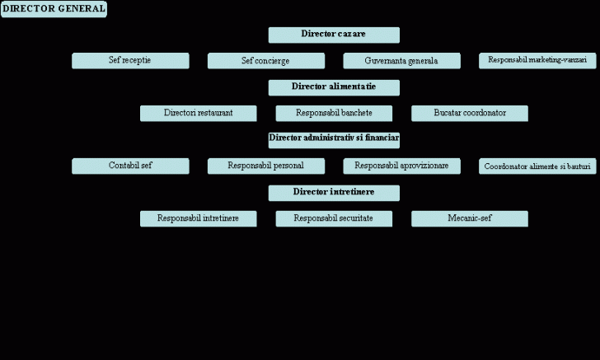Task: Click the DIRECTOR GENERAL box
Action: tap(54, 9)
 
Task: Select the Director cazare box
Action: tap(334, 35)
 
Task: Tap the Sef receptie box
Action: tap(130, 61)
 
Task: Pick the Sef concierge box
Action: tap(265, 61)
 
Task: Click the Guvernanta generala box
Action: tap(401, 61)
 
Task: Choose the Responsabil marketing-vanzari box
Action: tap(537, 61)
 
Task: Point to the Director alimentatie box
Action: tap(334, 87)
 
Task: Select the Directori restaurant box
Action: tap(198, 114)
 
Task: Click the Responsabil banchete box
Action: tap(334, 114)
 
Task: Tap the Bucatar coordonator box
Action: tap(470, 114)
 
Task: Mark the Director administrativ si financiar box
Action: tap(334, 140)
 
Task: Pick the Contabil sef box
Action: tap(130, 166)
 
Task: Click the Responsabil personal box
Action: tap(265, 166)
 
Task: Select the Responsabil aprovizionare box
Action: tap(401, 166)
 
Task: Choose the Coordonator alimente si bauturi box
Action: tap(537, 166)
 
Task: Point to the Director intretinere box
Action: tap(334, 193)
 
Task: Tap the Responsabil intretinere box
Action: tap(198, 219)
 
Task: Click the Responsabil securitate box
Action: tap(334, 219)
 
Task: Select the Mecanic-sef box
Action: tap(470, 219)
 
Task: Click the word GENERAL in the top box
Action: tap(82, 9)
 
